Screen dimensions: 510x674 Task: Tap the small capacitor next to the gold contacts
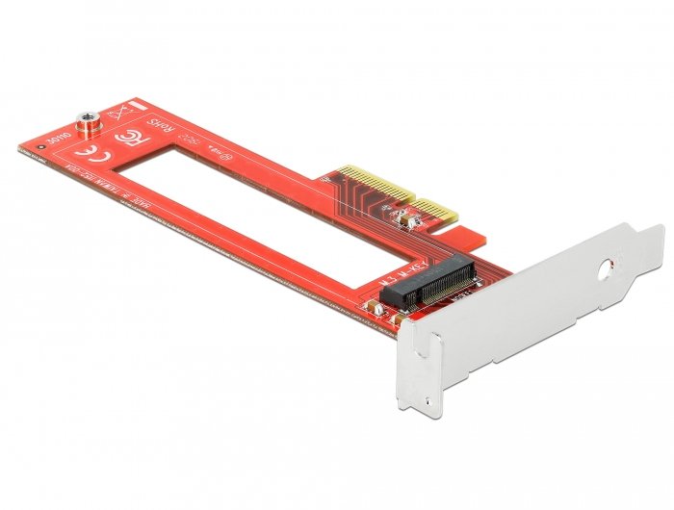click(407, 223)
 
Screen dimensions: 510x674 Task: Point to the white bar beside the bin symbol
click(139, 104)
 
